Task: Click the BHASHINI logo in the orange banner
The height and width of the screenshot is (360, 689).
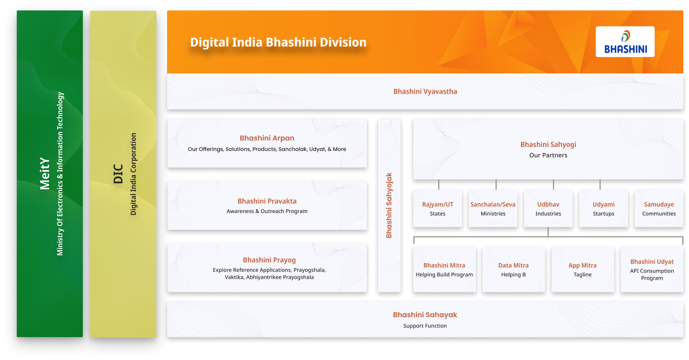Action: (625, 42)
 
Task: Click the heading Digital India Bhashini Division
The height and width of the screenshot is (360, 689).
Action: (278, 42)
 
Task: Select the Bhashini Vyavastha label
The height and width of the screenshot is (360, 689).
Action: (425, 92)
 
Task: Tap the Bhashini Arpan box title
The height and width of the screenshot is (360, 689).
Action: (267, 138)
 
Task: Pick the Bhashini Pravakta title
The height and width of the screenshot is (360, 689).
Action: (267, 201)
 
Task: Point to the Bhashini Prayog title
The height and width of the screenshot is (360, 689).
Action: (269, 260)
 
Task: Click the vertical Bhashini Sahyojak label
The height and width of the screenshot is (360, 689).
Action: (389, 205)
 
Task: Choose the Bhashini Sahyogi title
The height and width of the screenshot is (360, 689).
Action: (548, 144)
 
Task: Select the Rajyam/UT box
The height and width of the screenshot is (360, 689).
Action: (437, 208)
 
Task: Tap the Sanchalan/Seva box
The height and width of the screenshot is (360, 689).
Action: (493, 208)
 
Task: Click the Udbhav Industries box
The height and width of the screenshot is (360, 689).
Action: (548, 208)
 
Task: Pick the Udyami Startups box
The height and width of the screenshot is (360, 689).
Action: (603, 208)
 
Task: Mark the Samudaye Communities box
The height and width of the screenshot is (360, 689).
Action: (659, 208)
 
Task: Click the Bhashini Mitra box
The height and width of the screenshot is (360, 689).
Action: (444, 269)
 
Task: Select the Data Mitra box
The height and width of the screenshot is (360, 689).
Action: (513, 269)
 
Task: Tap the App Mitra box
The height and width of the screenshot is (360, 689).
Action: (582, 269)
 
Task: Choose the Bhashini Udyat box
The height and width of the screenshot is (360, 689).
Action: (652, 269)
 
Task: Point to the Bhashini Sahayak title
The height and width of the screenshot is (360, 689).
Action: (425, 315)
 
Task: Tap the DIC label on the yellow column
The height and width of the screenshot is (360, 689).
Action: (119, 174)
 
